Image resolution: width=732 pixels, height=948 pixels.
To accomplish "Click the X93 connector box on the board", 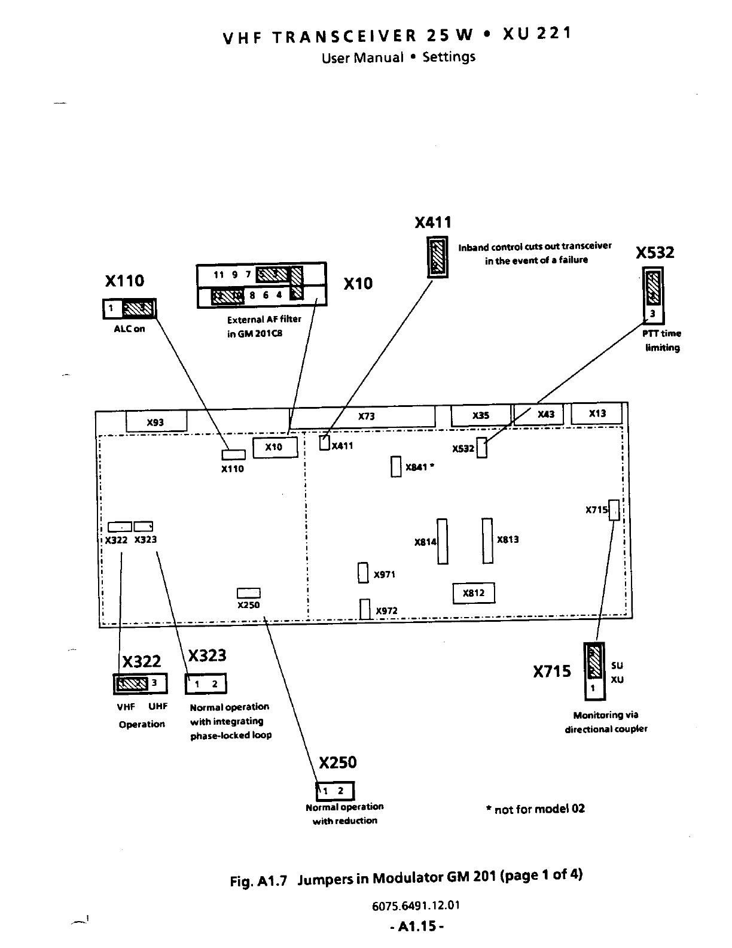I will (156, 421).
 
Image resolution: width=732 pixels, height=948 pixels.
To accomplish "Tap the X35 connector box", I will (480, 415).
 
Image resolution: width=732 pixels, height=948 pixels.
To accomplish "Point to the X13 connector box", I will (597, 414).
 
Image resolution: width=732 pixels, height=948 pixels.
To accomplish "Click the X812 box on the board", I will (474, 593).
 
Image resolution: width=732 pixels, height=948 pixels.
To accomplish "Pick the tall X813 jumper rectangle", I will (488, 540).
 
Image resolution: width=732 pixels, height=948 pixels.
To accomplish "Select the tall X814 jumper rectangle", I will (443, 541).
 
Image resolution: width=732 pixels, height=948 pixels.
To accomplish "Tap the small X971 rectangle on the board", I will (363, 573).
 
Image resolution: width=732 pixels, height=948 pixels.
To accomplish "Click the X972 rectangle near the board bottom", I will (365, 609).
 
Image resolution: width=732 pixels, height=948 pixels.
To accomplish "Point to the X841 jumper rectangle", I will (395, 467).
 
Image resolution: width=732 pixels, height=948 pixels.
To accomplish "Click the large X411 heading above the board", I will (433, 223).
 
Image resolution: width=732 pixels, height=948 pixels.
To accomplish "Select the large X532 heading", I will (655, 253).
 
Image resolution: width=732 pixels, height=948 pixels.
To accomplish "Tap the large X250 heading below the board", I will (337, 762).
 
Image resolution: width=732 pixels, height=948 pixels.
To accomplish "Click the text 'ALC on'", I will (129, 329).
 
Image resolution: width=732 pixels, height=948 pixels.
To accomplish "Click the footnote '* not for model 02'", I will (535, 809).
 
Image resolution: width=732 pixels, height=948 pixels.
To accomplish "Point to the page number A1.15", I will (416, 926).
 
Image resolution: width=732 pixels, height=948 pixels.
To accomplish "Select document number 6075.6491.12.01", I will (416, 905).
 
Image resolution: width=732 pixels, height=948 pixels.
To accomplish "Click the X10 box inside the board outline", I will (275, 447).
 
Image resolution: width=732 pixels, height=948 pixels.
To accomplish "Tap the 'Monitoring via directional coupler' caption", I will (606, 722).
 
